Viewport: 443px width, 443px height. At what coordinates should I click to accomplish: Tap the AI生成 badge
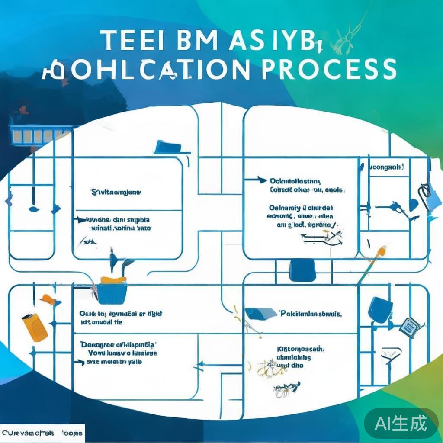tap(401, 423)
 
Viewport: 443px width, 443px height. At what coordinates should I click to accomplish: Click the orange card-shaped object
tap(35, 327)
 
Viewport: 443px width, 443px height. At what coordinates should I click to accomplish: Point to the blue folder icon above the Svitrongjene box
tap(169, 147)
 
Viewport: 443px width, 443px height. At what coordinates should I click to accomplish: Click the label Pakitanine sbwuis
tap(311, 314)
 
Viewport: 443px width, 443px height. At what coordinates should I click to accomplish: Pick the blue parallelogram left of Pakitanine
tap(260, 314)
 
